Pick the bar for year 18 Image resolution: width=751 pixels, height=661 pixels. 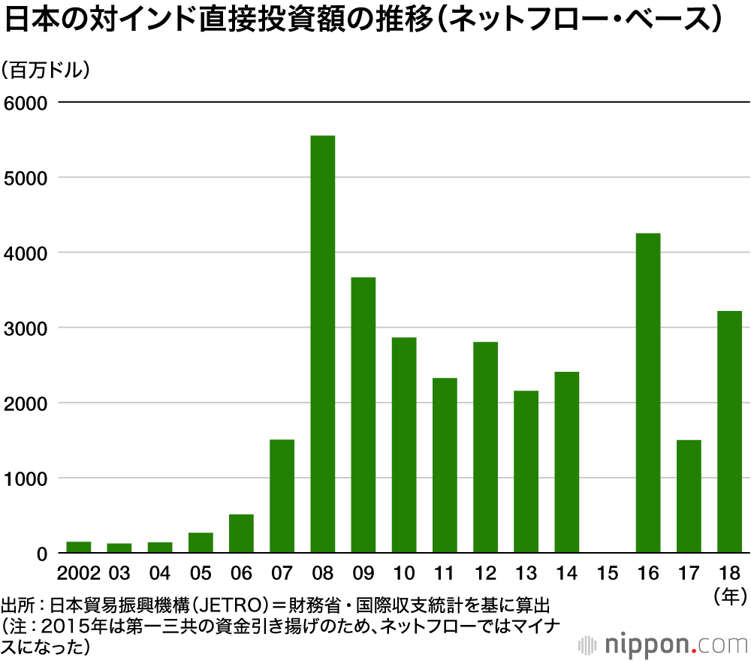tap(729, 432)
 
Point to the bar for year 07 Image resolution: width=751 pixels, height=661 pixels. tap(282, 496)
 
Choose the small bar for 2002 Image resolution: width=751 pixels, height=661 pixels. tap(79, 548)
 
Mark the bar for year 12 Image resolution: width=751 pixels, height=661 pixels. tap(485, 448)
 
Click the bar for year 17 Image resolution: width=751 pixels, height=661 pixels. tap(689, 496)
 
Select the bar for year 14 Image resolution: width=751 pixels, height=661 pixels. tap(566, 462)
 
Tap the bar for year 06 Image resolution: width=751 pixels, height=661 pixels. tap(241, 533)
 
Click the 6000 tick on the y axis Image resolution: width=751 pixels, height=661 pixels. tap(26, 103)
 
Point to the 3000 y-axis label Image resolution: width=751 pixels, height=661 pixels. tap(26, 328)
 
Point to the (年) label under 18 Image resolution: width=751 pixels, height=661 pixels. tap(729, 598)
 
